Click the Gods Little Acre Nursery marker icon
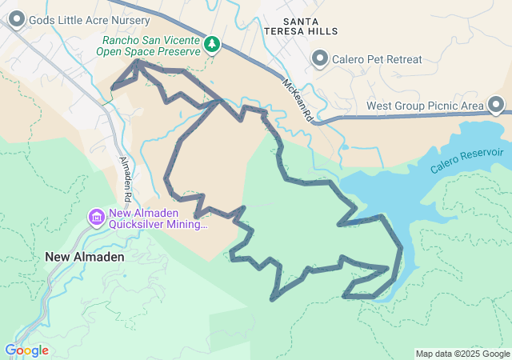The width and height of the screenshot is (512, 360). [x=14, y=19]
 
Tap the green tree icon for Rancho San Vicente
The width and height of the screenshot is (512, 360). [x=212, y=44]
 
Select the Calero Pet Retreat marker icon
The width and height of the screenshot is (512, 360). [x=320, y=58]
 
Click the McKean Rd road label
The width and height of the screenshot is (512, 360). [x=296, y=101]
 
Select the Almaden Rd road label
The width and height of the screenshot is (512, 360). [x=126, y=178]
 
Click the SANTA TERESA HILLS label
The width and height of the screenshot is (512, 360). [x=311, y=24]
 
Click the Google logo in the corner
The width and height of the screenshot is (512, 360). [x=26, y=350]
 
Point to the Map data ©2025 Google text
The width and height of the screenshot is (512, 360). [x=462, y=354]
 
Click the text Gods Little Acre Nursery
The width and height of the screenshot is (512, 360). [x=88, y=19]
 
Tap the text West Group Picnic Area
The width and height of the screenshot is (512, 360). [x=426, y=106]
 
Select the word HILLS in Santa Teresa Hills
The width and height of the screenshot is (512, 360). [x=322, y=30]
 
